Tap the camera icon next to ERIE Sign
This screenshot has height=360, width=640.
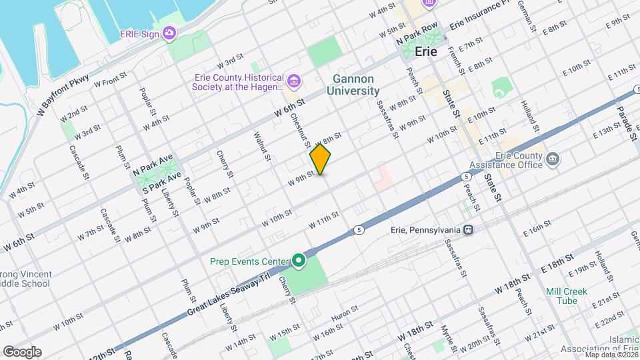(170, 33)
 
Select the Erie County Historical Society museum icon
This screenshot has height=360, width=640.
(295, 81)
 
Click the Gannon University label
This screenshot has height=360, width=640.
(353, 85)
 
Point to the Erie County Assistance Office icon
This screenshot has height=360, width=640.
(553, 159)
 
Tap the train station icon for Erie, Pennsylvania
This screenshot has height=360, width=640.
(469, 229)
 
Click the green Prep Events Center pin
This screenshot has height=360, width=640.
(299, 261)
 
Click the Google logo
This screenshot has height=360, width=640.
(22, 351)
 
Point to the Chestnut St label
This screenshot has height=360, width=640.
(300, 129)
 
